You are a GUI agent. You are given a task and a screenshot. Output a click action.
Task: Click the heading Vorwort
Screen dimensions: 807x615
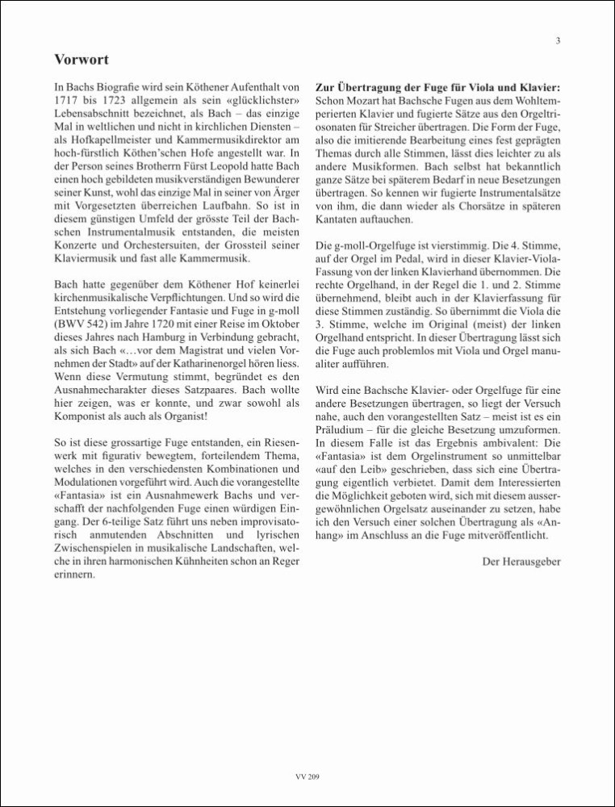(82, 59)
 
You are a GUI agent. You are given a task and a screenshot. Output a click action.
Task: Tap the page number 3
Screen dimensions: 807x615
(558, 41)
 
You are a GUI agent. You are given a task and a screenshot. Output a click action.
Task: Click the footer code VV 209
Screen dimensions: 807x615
(307, 777)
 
